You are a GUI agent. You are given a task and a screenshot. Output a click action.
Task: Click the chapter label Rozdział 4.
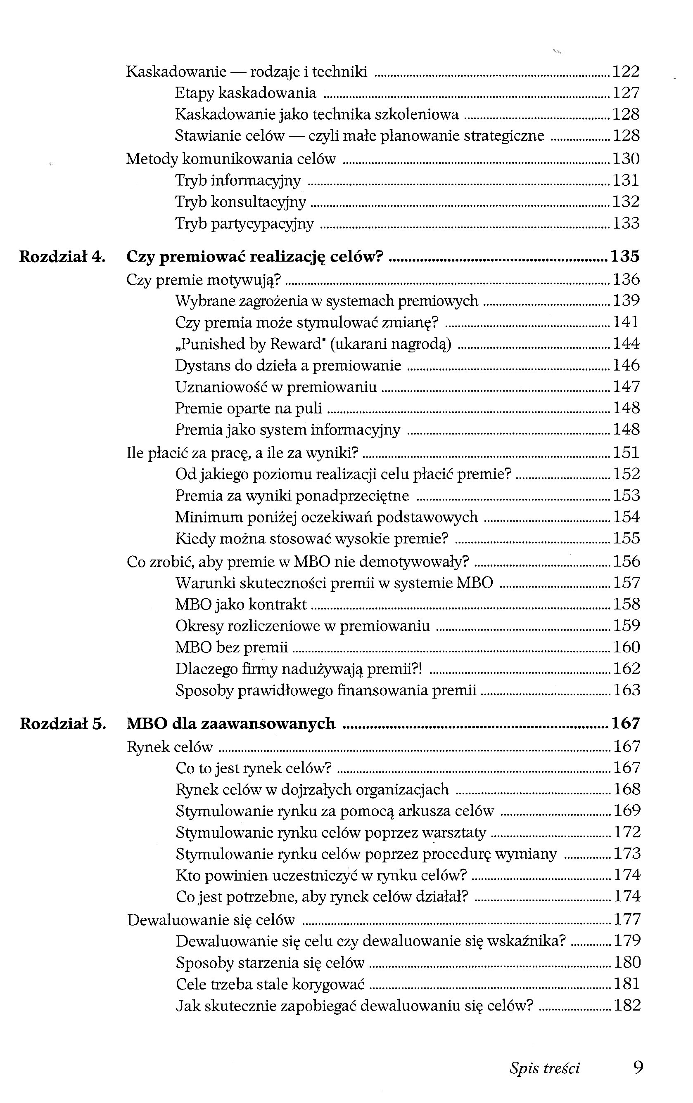[62, 257]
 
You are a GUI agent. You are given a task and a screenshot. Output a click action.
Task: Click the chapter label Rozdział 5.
[63, 724]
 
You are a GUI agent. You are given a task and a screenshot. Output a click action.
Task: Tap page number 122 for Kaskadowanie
[626, 72]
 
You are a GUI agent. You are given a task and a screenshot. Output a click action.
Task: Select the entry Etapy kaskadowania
[245, 93]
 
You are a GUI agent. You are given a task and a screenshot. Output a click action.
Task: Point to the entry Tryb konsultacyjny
[240, 202]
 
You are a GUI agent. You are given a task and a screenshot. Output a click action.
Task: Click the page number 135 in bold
[625, 257]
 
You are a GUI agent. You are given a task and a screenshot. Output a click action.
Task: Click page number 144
[626, 344]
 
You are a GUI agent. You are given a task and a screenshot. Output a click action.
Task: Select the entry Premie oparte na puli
[249, 409]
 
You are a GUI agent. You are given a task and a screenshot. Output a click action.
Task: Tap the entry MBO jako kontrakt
[241, 605]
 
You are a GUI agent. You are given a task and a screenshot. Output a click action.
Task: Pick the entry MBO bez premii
[231, 647]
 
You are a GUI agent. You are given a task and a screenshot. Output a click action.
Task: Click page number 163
[626, 690]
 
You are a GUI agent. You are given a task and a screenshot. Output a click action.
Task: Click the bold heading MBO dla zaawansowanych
[230, 724]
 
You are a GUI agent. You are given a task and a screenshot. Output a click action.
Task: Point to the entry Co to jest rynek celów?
[254, 768]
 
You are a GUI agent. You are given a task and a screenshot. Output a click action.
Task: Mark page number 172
[627, 832]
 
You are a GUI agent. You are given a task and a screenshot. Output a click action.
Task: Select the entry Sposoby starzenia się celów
[270, 962]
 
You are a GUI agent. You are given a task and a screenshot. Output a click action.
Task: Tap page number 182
[627, 1006]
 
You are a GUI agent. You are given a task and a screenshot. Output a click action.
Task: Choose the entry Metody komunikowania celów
[230, 159]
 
